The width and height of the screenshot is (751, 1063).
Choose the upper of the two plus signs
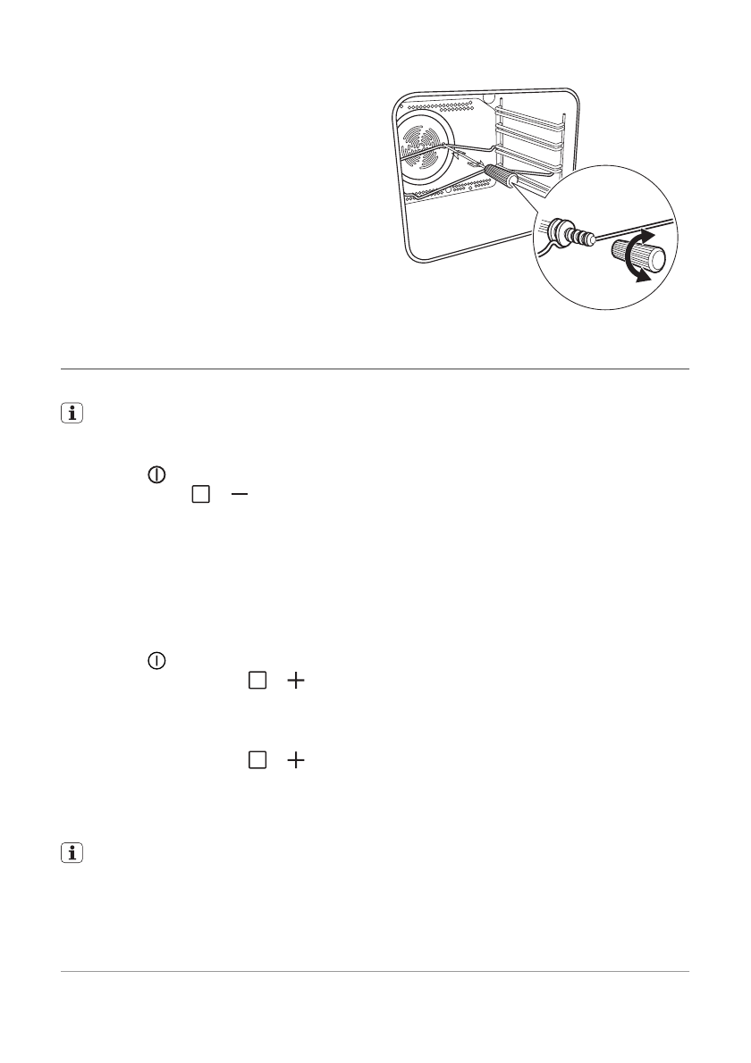295,681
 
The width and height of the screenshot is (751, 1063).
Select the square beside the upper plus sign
257,681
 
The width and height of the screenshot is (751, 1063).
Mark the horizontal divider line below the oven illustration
375,368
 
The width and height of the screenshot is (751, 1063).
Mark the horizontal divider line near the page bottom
375,971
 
